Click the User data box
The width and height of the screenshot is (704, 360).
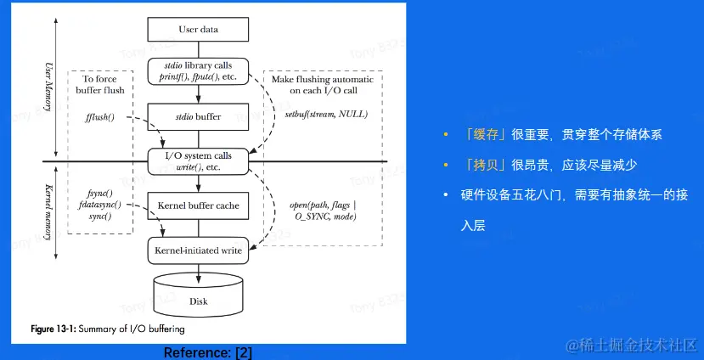pyautogui.click(x=199, y=30)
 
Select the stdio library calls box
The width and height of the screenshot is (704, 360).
pyautogui.click(x=199, y=71)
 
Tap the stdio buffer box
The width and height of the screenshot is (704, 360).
pyautogui.click(x=199, y=117)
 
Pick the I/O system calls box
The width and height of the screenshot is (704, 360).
pyautogui.click(x=199, y=161)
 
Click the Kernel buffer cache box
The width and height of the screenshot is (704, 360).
pyautogui.click(x=199, y=205)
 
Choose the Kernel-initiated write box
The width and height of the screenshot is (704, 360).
pyautogui.click(x=199, y=250)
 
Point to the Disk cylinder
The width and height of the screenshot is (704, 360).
pyautogui.click(x=199, y=295)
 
